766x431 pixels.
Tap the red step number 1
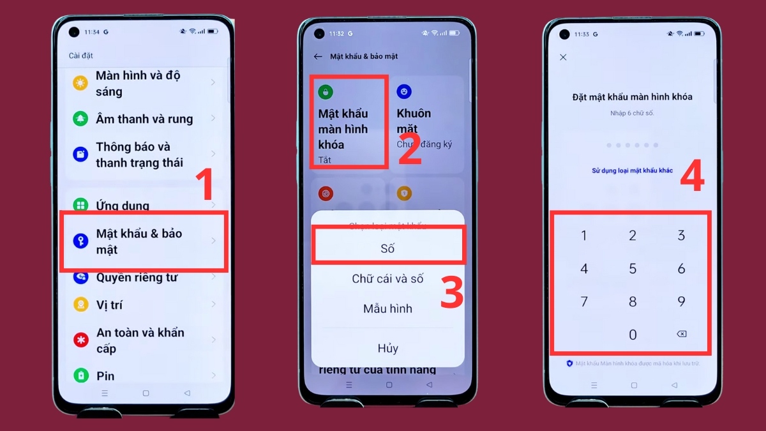pyautogui.click(x=203, y=185)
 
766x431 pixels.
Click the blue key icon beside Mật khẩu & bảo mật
pyautogui.click(x=80, y=241)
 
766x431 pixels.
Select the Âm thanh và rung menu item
pyautogui.click(x=144, y=119)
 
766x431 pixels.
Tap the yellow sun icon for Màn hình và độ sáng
pyautogui.click(x=80, y=83)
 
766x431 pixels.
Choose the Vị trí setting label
pyautogui.click(x=109, y=305)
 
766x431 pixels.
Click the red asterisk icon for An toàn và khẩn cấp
pyautogui.click(x=80, y=340)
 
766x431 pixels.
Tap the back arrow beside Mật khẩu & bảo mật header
pyautogui.click(x=318, y=56)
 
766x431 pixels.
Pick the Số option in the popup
pyautogui.click(x=387, y=248)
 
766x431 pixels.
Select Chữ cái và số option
pyautogui.click(x=387, y=279)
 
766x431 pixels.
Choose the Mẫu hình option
pyautogui.click(x=387, y=309)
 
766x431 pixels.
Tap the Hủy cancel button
pyautogui.click(x=387, y=348)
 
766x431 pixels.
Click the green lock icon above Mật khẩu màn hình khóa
pyautogui.click(x=326, y=92)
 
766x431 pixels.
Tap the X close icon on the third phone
pyautogui.click(x=563, y=57)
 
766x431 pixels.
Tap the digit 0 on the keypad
pyautogui.click(x=633, y=334)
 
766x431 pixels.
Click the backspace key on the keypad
pyautogui.click(x=681, y=334)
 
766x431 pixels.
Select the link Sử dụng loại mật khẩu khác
pyautogui.click(x=632, y=170)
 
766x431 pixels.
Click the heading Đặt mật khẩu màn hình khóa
pyautogui.click(x=632, y=97)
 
